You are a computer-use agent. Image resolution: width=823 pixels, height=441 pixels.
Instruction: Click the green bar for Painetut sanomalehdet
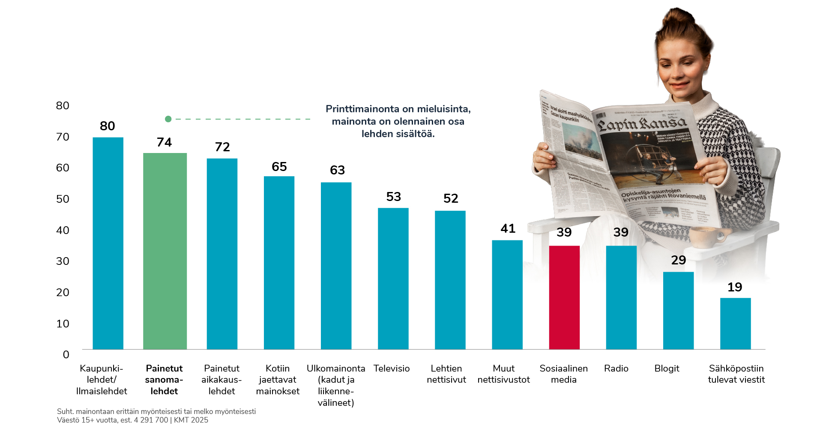165,251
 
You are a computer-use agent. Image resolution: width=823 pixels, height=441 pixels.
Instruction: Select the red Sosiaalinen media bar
564,297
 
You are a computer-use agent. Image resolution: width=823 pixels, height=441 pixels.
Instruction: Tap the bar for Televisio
393,279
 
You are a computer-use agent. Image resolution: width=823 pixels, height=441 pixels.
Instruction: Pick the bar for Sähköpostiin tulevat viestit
735,324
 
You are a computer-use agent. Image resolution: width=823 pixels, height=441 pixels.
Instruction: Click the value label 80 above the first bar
108,126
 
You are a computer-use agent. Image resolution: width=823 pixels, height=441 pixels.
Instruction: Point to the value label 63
337,170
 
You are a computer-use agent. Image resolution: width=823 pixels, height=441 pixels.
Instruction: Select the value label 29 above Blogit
678,260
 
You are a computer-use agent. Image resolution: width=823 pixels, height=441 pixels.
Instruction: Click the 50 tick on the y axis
63,199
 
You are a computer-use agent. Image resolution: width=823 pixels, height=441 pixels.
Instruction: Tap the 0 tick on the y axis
66,354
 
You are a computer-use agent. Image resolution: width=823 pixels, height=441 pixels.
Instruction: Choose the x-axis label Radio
616,369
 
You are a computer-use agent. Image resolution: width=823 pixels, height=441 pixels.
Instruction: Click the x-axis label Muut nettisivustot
503,374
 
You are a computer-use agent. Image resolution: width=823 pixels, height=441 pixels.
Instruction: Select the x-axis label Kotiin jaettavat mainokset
278,380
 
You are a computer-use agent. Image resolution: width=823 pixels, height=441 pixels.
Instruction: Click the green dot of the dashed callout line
168,119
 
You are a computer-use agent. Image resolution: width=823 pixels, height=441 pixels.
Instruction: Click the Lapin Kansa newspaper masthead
643,124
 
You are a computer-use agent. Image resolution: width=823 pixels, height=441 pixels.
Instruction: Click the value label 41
508,228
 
